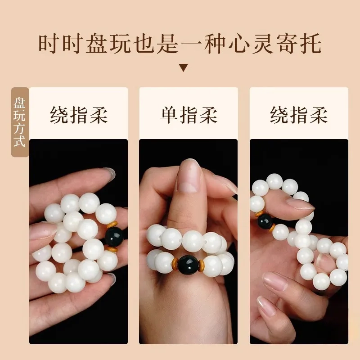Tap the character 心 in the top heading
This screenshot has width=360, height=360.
pos(239,44)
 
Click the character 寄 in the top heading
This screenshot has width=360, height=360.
pos(286,44)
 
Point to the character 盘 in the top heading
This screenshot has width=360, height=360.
pos(97,44)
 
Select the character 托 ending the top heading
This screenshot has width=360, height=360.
pos(310,44)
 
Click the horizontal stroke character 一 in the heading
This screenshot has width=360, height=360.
pos(192,44)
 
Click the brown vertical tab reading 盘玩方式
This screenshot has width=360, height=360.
pos(20,122)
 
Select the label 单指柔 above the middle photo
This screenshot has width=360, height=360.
pos(189,115)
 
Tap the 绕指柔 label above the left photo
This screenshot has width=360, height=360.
pos(78,115)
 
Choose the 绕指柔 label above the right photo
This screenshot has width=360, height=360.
pos(299,115)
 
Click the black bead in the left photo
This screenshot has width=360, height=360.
pos(114,237)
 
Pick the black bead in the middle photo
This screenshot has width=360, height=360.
pos(188,265)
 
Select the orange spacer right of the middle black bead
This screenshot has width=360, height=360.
pos(201,265)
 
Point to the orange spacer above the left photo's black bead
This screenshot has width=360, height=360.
pos(112,224)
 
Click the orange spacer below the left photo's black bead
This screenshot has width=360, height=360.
pos(111,249)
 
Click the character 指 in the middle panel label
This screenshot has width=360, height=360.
pos(189,115)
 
